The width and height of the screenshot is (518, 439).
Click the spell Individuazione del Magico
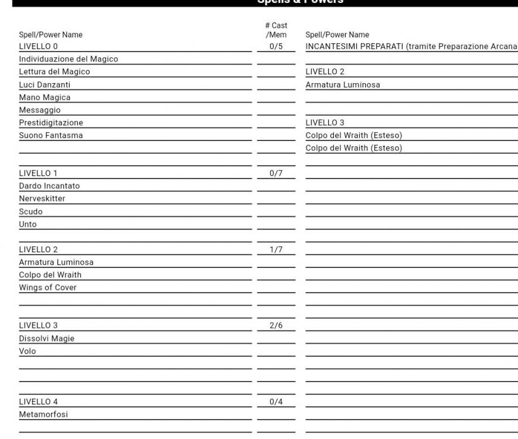tap(69, 59)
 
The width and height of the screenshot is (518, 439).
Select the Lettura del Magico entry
tap(54, 72)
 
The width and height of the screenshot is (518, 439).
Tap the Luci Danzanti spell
tap(45, 85)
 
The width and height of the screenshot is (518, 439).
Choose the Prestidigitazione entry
tap(51, 123)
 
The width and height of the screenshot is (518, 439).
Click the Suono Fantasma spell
tap(47, 136)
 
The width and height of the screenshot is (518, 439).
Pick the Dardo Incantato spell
tap(49, 186)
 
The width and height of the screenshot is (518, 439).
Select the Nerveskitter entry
tap(42, 199)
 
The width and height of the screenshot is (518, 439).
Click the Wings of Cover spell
tap(48, 287)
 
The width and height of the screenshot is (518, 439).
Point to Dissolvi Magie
tap(47, 338)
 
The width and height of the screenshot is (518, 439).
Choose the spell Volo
tap(28, 351)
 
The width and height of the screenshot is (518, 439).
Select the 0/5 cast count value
tap(276, 46)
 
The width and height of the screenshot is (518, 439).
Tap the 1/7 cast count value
tap(276, 249)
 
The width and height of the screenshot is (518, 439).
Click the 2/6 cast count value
tap(276, 325)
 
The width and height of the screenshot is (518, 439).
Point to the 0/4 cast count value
tap(276, 402)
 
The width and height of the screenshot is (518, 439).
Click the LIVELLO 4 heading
tap(39, 402)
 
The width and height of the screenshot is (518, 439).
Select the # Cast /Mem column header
tap(276, 30)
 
